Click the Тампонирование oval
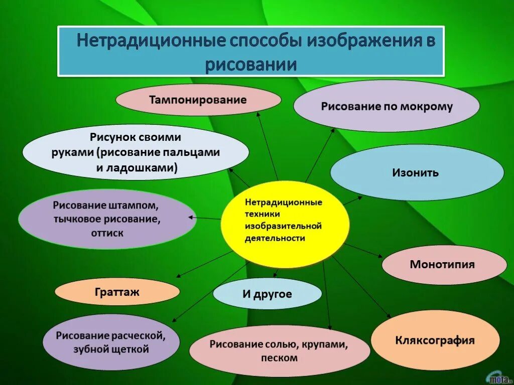click(x=198, y=100)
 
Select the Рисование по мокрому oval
click(x=387, y=106)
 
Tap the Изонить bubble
click(x=417, y=173)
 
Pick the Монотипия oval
click(x=444, y=264)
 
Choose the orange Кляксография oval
click(x=435, y=340)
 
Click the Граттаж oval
click(x=117, y=291)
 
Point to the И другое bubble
click(x=267, y=294)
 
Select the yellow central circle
click(x=284, y=224)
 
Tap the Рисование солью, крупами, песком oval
click(x=279, y=350)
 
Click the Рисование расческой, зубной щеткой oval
click(x=110, y=342)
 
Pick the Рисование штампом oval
click(x=107, y=219)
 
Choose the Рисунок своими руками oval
click(x=136, y=152)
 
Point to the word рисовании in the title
click(x=250, y=65)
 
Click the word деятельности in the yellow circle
click(x=275, y=238)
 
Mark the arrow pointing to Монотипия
click(x=364, y=251)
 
